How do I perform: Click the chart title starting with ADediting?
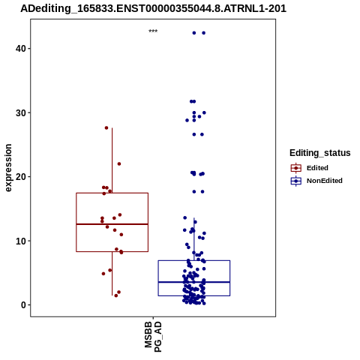[x=153, y=8]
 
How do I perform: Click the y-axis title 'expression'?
[x=8, y=168]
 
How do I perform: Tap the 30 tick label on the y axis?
[x=21, y=112]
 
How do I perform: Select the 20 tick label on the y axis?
[x=21, y=177]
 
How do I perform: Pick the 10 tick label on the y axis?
[x=21, y=241]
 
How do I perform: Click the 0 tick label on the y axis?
[x=24, y=305]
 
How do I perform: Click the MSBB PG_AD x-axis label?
[x=153, y=337]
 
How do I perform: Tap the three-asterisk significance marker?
[x=153, y=31]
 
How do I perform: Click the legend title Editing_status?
[x=319, y=153]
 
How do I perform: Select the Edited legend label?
[x=317, y=168]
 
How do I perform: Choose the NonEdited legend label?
[x=325, y=181]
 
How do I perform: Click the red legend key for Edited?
[x=296, y=168]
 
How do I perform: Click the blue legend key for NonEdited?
[x=296, y=181]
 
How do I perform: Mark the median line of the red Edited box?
[x=112, y=224]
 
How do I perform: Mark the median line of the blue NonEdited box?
[x=194, y=282]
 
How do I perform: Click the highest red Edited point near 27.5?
[x=106, y=127]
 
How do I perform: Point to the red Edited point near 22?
[x=119, y=164]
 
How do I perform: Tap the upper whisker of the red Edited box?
[x=112, y=160]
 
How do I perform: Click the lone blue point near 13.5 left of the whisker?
[x=185, y=217]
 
